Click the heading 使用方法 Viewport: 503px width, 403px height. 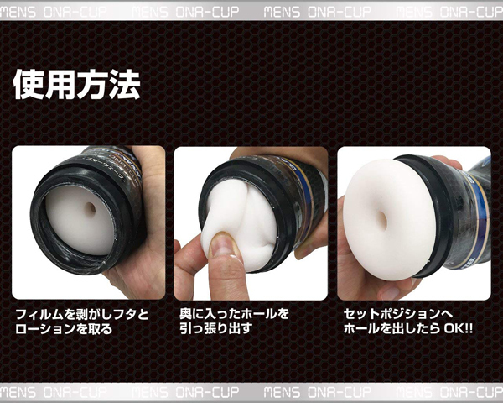click(76, 85)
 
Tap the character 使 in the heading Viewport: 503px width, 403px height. click(29, 85)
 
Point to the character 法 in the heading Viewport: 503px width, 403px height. click(124, 85)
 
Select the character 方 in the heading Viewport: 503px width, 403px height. click(92, 85)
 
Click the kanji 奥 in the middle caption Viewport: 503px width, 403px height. click(186, 314)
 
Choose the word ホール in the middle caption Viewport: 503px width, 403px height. click(258, 314)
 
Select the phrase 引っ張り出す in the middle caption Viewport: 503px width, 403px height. click(215, 328)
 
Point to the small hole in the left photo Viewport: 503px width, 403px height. click(91, 208)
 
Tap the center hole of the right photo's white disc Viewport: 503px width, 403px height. click(381, 218)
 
